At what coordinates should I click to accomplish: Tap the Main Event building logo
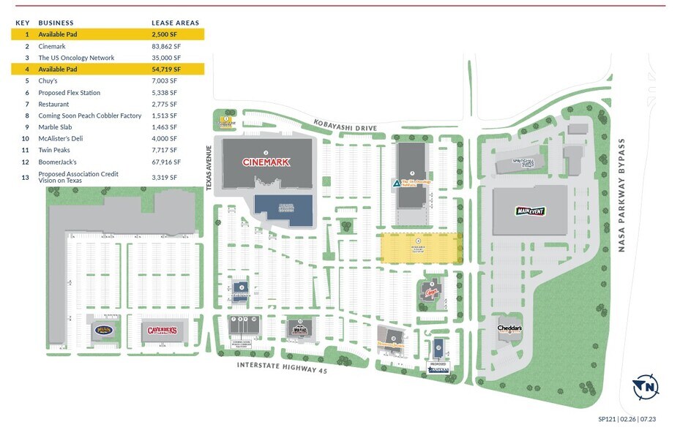pyautogui.click(x=531, y=211)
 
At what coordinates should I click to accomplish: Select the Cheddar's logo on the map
pyautogui.click(x=509, y=328)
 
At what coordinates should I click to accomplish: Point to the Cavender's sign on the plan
pyautogui.click(x=162, y=330)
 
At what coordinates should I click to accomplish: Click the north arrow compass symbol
pyautogui.click(x=647, y=387)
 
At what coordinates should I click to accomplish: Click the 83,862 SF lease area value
pyautogui.click(x=165, y=46)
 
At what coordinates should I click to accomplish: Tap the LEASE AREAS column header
pyautogui.click(x=175, y=23)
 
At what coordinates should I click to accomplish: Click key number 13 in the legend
pyautogui.click(x=26, y=176)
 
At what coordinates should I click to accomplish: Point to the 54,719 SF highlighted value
pyautogui.click(x=165, y=69)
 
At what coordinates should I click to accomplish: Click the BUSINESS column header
pyautogui.click(x=56, y=23)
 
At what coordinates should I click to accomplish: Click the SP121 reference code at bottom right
pyautogui.click(x=608, y=419)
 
